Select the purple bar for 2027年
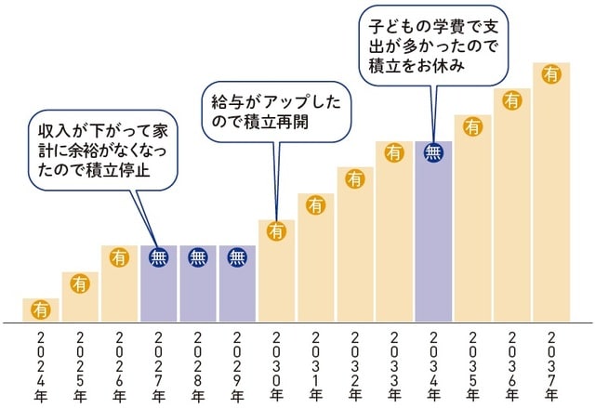coord(159,288)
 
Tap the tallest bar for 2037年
coord(550,195)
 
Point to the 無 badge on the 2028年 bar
coord(198,257)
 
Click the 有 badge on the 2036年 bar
coord(511,99)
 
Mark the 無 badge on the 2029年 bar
coord(237,257)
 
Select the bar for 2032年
coord(354,251)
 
